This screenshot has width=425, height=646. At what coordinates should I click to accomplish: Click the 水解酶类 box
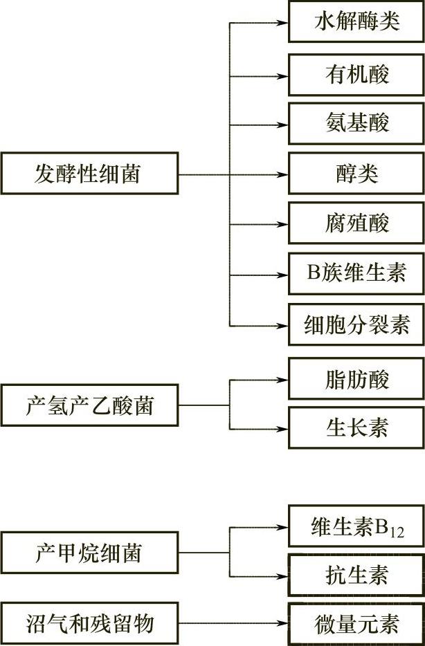tap(356, 21)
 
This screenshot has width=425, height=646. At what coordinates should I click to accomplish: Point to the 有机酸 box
tap(356, 74)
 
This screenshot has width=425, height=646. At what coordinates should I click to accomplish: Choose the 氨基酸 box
tap(356, 124)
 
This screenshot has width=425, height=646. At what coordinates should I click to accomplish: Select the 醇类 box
tap(356, 174)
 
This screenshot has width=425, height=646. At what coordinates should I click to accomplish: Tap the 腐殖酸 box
tap(356, 223)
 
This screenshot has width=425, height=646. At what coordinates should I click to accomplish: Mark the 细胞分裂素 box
tap(356, 324)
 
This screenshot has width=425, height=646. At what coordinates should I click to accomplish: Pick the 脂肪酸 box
tap(356, 379)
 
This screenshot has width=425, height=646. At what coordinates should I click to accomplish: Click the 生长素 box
tap(356, 428)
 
